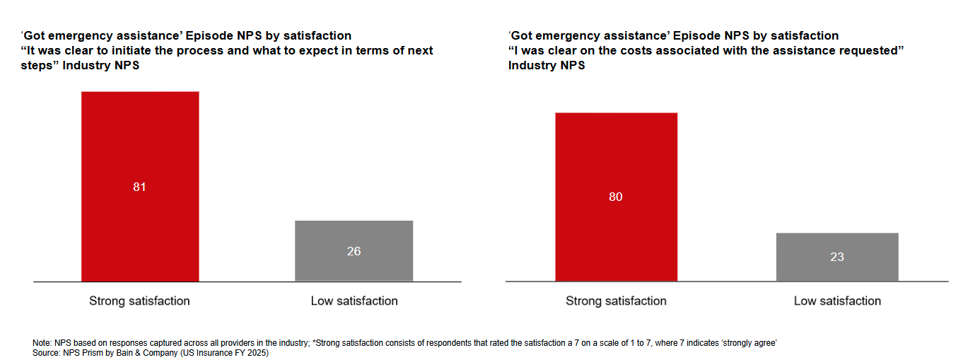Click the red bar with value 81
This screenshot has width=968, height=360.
tap(140, 141)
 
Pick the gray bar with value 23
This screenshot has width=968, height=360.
tap(837, 244)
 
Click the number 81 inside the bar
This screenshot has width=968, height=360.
tap(139, 187)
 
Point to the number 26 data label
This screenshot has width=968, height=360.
tap(354, 251)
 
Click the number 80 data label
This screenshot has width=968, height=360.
tap(616, 197)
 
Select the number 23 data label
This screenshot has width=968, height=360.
tap(837, 257)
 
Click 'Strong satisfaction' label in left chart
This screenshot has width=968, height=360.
tap(139, 301)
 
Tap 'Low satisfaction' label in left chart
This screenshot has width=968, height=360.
tap(354, 301)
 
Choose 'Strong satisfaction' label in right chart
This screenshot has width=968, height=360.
tap(616, 301)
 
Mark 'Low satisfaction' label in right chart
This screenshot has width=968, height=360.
tap(837, 301)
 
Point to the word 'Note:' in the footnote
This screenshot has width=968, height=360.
tap(42, 343)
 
